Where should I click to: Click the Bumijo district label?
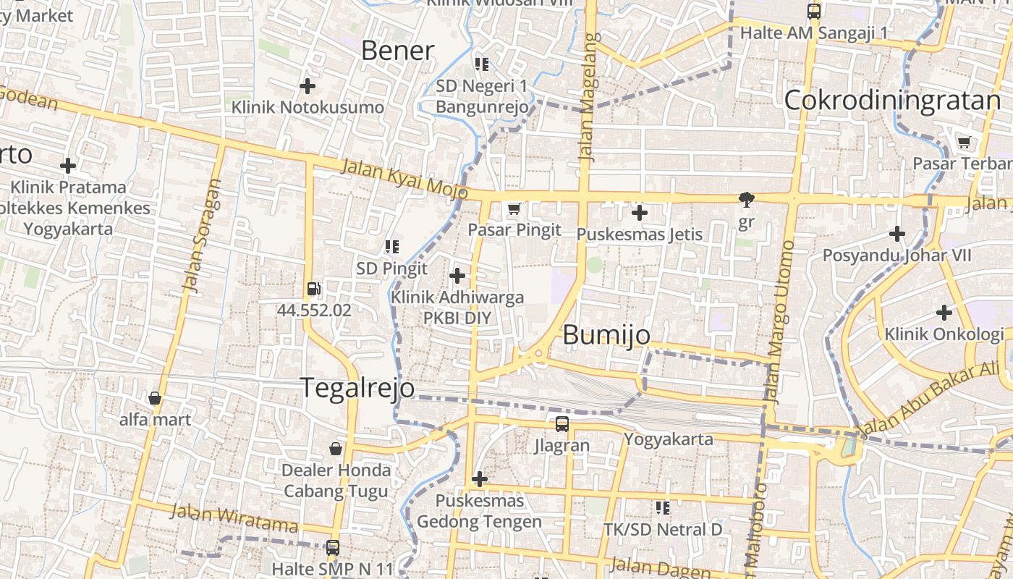click(606, 335)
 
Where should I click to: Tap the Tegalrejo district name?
click(357, 388)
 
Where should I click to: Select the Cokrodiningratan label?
click(892, 101)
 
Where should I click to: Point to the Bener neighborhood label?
click(397, 51)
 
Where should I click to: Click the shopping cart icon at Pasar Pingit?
click(514, 209)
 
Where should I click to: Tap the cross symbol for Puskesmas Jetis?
click(639, 213)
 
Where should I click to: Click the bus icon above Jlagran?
click(562, 424)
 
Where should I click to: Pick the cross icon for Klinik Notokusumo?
click(308, 86)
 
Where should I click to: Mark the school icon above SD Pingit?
click(392, 247)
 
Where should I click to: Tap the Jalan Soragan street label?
click(202, 235)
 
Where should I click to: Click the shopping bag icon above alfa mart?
click(155, 398)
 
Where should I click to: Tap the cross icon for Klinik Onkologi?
click(944, 313)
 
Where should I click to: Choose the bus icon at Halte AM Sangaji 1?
click(814, 12)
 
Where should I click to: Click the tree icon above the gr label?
click(746, 200)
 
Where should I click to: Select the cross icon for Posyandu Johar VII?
click(897, 234)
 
